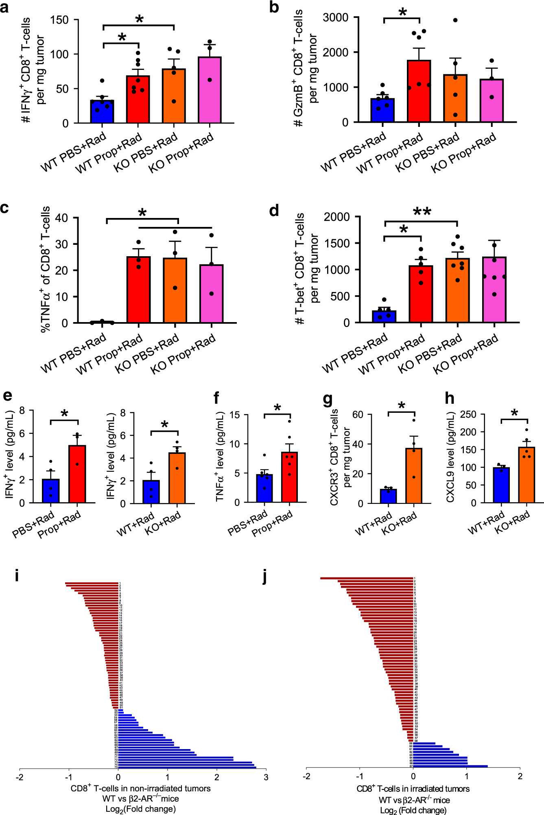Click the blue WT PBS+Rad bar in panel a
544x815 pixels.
102,111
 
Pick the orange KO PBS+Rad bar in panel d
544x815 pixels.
457,290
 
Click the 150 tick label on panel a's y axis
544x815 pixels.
59,20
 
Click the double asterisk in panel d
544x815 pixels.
422,212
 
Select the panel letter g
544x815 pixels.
328,399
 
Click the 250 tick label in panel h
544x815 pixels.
468,414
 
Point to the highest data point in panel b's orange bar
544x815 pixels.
455,20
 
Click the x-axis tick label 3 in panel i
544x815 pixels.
266,777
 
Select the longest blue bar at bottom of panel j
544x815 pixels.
450,766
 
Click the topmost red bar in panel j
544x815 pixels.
366,578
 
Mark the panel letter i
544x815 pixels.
17,576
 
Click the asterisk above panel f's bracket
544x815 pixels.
277,407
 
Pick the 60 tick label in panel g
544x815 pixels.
358,414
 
